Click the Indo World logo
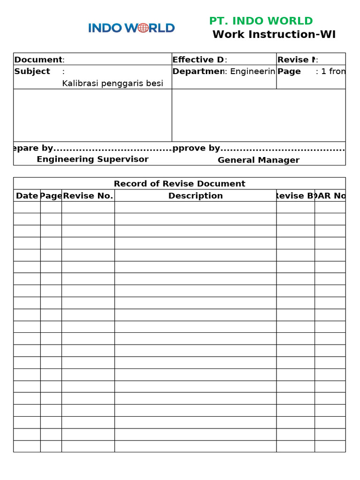click(131, 28)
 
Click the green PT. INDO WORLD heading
click(261, 21)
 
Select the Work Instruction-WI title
click(274, 35)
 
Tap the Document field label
click(38, 60)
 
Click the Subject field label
click(32, 71)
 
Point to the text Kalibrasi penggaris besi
click(112, 83)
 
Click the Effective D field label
click(198, 60)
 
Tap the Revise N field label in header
click(296, 60)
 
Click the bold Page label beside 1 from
click(289, 71)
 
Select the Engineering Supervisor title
click(92, 159)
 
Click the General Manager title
click(258, 160)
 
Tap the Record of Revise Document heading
click(180, 184)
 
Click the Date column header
click(27, 196)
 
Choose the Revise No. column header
click(88, 196)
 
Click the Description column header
click(195, 196)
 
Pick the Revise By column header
click(295, 196)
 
